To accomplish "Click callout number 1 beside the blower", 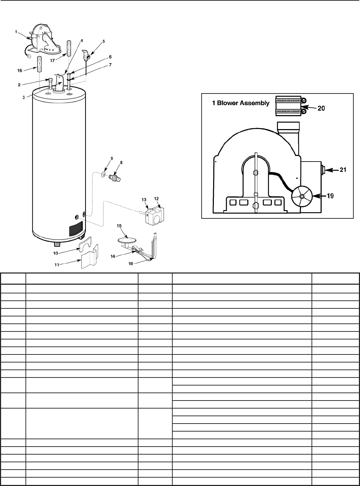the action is click(x=16, y=31).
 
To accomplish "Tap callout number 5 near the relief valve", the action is click(x=94, y=41).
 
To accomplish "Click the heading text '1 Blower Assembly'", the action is click(x=241, y=103).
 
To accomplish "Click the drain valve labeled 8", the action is click(x=115, y=179).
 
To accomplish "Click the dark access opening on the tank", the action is click(x=76, y=230).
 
